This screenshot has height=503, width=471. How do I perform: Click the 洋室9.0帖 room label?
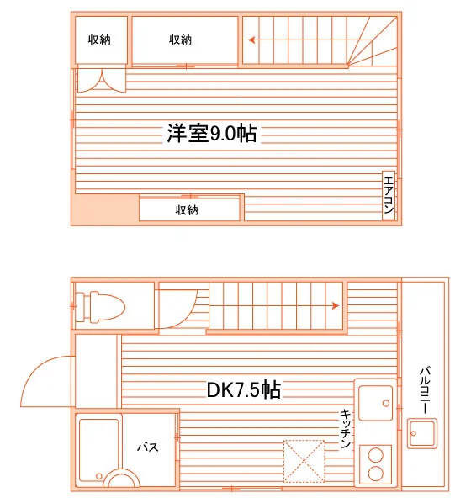point(211,133)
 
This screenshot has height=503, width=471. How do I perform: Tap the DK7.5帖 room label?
point(244,389)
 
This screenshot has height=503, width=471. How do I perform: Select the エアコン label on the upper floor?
point(389,195)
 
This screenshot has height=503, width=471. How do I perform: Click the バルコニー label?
point(425,390)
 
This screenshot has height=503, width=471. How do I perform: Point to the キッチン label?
point(345,428)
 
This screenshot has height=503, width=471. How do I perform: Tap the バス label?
point(148,447)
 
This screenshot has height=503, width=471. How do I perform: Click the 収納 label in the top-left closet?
point(99,40)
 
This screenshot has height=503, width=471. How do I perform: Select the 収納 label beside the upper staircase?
point(180,40)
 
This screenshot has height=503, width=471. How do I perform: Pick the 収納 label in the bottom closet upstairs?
point(187,210)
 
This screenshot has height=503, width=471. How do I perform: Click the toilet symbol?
point(100,306)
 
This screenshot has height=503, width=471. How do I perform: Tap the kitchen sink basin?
point(376,403)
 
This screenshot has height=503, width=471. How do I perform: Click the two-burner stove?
point(376,464)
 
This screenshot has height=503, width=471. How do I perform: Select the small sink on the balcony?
point(422,433)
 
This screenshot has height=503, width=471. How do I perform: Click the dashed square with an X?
point(304,461)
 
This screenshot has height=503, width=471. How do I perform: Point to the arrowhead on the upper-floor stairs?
point(251,40)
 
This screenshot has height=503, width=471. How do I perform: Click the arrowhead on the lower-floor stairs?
point(336,305)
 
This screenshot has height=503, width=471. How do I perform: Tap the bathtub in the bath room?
point(99,450)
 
